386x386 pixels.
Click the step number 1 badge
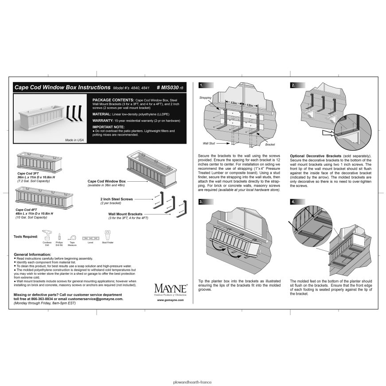(202, 85)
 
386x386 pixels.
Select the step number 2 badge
(293, 85)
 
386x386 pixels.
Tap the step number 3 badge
(202, 202)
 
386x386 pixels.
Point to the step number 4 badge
(293, 202)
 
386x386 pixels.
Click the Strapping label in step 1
(205, 97)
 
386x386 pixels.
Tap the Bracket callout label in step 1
(270, 145)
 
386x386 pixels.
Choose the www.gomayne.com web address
(170, 300)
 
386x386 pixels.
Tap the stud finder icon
(107, 234)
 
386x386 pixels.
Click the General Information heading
(32, 255)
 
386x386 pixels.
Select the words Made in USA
(74, 140)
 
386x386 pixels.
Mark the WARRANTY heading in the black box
(103, 120)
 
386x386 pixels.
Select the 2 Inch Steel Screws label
(117, 199)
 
